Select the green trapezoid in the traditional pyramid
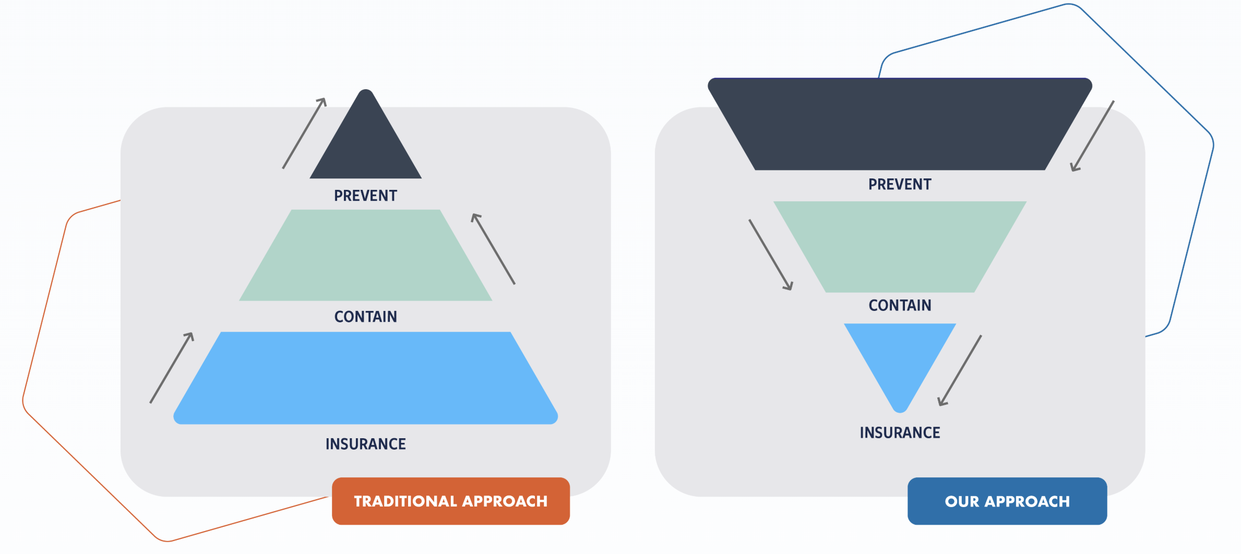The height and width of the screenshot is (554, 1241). tap(366, 255)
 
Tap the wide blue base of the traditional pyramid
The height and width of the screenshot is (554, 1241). tap(366, 378)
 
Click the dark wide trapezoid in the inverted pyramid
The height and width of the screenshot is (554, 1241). tap(900, 124)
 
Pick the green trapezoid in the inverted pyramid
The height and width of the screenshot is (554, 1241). tap(900, 246)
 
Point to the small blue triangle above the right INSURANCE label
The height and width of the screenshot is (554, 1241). tap(900, 355)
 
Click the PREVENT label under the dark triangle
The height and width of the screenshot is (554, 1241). tap(365, 196)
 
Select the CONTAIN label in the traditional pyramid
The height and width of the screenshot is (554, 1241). tap(365, 317)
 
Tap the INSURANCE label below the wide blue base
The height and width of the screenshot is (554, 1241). tap(365, 444)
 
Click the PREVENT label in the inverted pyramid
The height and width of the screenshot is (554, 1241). tap(900, 184)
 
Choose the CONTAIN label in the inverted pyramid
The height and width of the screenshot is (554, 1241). tap(900, 305)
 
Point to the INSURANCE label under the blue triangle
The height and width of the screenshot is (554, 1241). tap(900, 432)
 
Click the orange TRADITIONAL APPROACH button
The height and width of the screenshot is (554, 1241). tap(451, 501)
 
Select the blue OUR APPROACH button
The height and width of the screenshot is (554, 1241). tap(1007, 501)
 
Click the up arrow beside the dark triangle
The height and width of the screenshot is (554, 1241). tap(304, 133)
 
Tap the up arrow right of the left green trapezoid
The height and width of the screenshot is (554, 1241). tap(493, 249)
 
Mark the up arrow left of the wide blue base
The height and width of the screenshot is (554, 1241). tap(172, 368)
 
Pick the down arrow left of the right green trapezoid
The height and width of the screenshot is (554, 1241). tap(771, 255)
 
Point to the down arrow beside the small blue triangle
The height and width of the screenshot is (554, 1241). tap(960, 370)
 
